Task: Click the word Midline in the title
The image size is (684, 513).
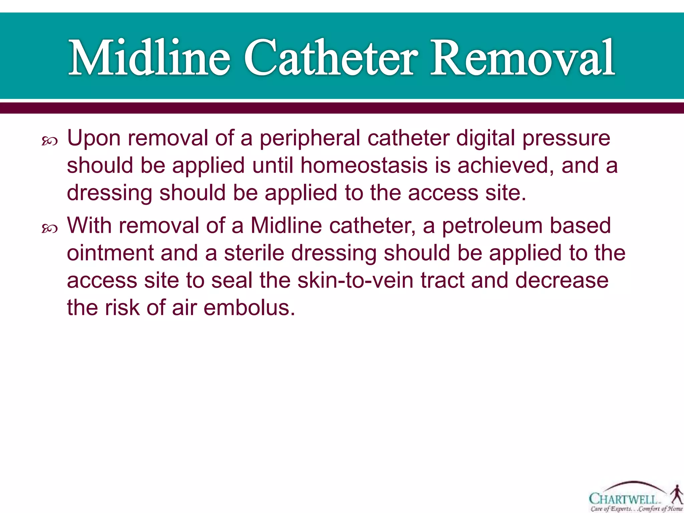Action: pos(149,57)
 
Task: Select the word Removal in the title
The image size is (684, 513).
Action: pos(522,57)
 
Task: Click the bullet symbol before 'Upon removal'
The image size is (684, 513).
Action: pos(49,142)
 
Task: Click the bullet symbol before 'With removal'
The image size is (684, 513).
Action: pos(49,229)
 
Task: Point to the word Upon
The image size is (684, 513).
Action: pos(94,138)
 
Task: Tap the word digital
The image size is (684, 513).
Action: pos(485,138)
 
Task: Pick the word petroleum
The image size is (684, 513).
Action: pos(492,225)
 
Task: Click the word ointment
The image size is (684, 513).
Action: pos(110,253)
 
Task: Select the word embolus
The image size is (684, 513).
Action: pos(249,308)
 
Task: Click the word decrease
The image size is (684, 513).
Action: pos(562,280)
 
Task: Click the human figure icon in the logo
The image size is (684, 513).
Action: pos(677,494)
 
